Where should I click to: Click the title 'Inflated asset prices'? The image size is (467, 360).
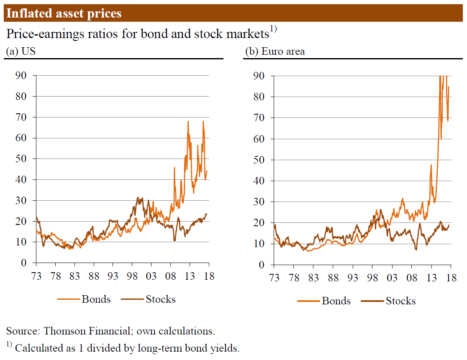coord(64,13)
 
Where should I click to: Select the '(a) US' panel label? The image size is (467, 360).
coord(20,51)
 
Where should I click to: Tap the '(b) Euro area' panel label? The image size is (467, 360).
coord(275,51)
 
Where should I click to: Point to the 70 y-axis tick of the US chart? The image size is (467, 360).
coord(21,117)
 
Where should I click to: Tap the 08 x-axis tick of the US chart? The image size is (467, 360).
coord(170,276)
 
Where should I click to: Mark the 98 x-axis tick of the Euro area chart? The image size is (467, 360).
coord(372,278)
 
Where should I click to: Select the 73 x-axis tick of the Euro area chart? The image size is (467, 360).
coord(274,278)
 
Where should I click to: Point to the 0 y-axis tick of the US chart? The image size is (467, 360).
coord(24,263)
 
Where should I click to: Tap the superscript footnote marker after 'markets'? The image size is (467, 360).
coord(273,29)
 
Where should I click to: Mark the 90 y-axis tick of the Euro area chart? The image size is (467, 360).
coord(259,76)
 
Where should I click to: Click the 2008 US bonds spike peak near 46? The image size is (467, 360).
coord(174,167)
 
